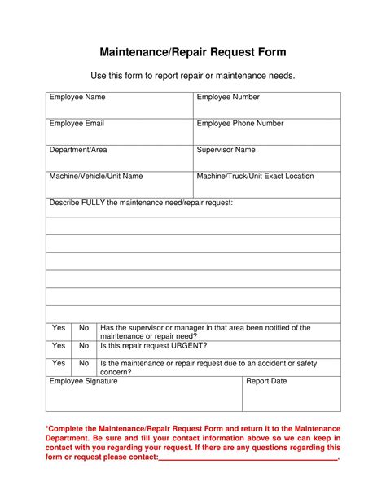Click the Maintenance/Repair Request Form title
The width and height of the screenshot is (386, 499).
point(192,52)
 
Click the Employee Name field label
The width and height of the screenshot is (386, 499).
point(77,98)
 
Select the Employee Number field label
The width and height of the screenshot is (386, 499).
point(228,98)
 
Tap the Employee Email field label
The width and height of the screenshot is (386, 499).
point(77,124)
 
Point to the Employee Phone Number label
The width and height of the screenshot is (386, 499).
point(240,124)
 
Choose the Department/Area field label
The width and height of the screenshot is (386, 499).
point(78,150)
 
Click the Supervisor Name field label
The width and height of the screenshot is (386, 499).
point(226,150)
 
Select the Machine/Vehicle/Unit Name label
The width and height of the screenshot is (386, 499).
point(96,176)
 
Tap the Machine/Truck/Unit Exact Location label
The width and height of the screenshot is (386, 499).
point(255,176)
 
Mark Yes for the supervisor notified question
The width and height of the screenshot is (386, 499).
point(59,328)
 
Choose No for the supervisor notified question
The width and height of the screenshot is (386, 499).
point(83,328)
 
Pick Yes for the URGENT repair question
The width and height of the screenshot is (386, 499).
point(59,345)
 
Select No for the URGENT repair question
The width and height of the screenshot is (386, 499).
point(83,345)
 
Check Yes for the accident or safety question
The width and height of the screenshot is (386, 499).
point(59,363)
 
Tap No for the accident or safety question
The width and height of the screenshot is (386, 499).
point(83,363)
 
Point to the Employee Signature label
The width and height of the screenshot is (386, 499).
point(84,381)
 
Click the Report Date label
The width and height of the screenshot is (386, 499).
point(266,381)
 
